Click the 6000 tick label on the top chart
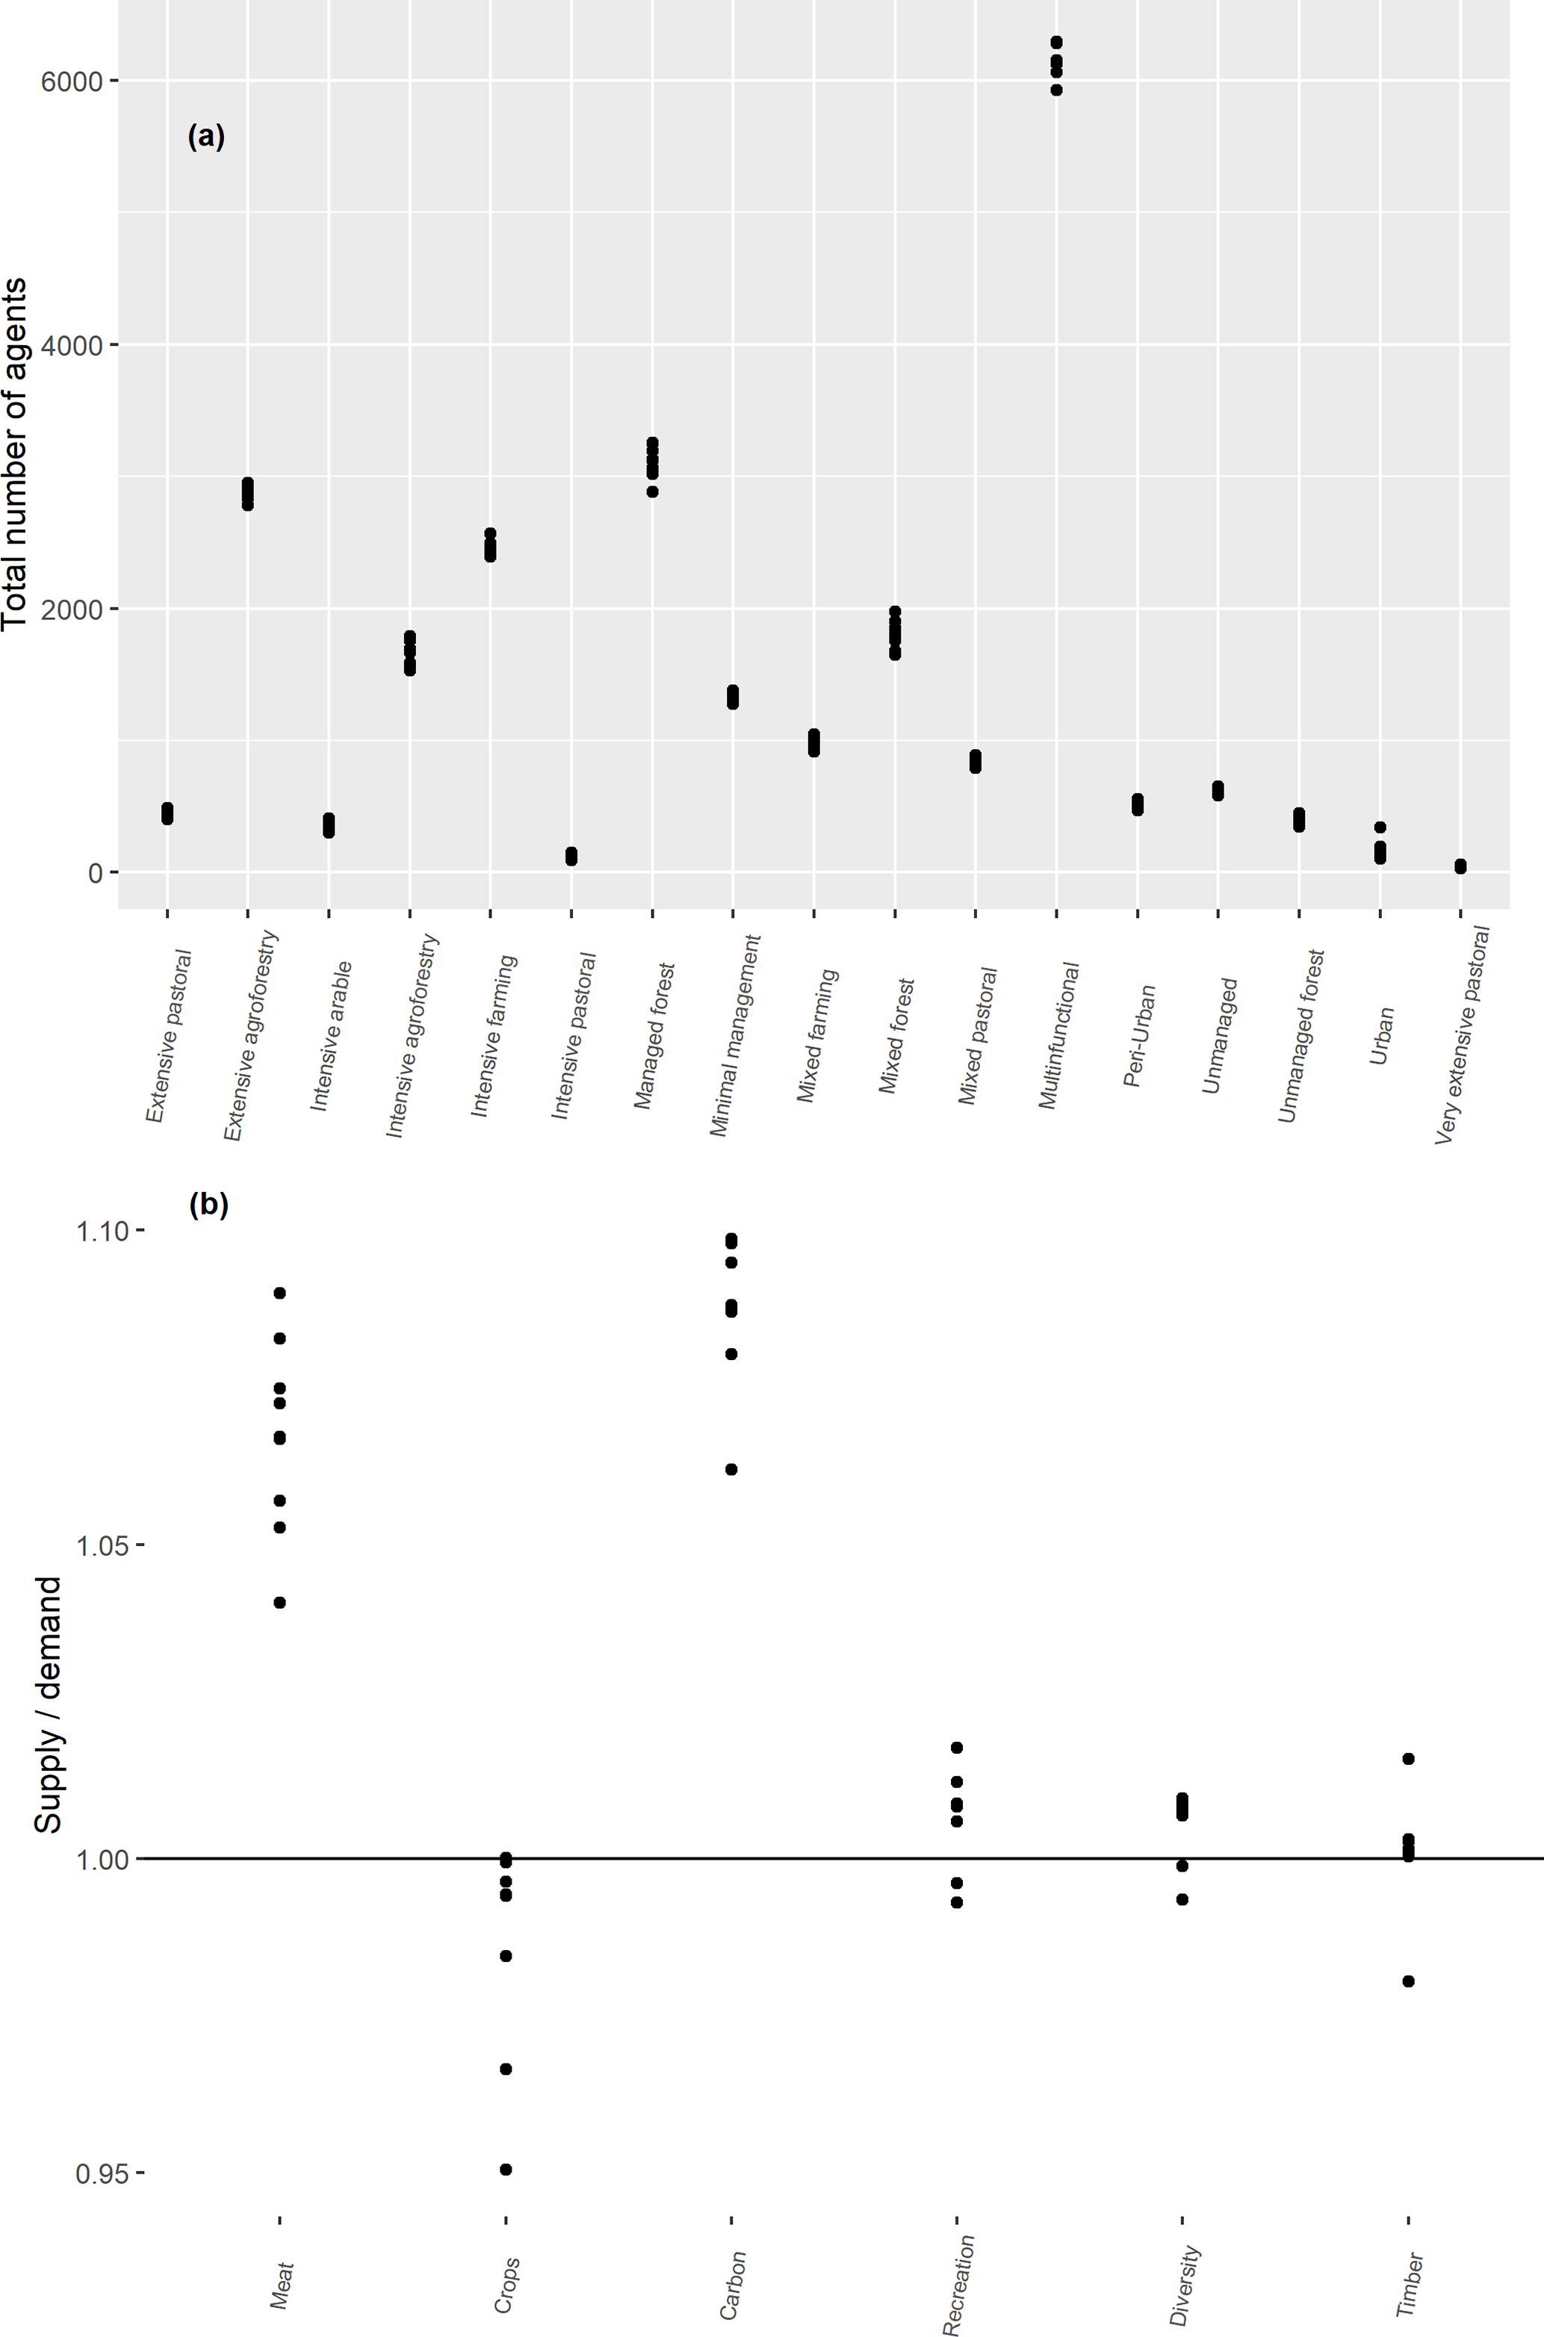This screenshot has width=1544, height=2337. point(71,81)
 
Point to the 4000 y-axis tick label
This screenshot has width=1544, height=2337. point(71,346)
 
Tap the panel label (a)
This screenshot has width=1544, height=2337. point(206,136)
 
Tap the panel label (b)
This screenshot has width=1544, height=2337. point(208,1205)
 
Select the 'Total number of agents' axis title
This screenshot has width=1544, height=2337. point(15,454)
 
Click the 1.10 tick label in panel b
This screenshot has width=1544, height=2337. point(102,1231)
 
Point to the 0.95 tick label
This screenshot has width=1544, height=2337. point(102,2173)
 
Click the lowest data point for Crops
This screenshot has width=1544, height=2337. point(506,2169)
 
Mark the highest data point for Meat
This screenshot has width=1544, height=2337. point(279,1293)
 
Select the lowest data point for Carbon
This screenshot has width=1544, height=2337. point(731,1470)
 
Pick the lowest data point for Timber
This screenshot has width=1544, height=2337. point(1408,1981)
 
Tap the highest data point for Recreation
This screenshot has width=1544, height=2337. point(957,1748)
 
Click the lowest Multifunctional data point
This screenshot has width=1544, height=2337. point(1056,90)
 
